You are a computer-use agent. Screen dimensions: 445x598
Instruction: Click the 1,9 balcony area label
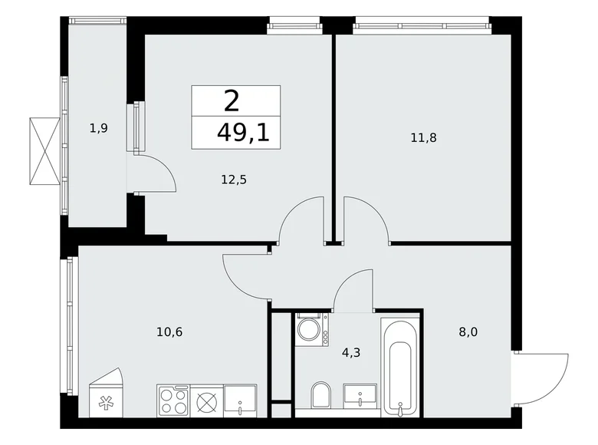(x=98, y=128)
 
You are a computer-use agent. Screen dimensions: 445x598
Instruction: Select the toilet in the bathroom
(x=321, y=396)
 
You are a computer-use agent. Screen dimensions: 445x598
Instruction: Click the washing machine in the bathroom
(x=310, y=329)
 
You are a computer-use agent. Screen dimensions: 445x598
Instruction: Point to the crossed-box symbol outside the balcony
(x=44, y=150)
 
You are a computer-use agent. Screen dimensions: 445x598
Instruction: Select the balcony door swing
(x=157, y=173)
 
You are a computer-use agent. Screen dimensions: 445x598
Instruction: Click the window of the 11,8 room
(x=421, y=28)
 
